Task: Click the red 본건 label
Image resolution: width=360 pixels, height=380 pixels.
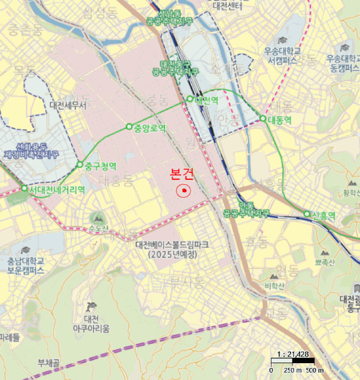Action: [182, 174]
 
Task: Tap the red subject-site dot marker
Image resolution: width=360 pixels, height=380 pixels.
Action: [185, 191]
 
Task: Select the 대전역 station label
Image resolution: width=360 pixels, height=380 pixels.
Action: [206, 100]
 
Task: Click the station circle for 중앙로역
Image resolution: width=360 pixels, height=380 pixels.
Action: [129, 126]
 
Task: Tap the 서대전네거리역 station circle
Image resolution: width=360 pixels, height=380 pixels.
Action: [24, 188]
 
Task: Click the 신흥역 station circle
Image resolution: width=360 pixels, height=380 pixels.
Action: [307, 214]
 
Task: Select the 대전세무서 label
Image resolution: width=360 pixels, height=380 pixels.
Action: [68, 106]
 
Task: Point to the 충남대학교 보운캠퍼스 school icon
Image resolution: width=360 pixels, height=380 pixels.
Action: [25, 250]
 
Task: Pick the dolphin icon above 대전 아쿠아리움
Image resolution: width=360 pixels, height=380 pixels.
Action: [91, 308]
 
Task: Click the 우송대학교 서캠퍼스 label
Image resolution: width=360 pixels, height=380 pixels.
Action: [282, 56]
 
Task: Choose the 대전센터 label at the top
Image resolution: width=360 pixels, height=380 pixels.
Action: [230, 7]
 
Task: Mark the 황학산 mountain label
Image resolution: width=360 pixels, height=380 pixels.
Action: [351, 193]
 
